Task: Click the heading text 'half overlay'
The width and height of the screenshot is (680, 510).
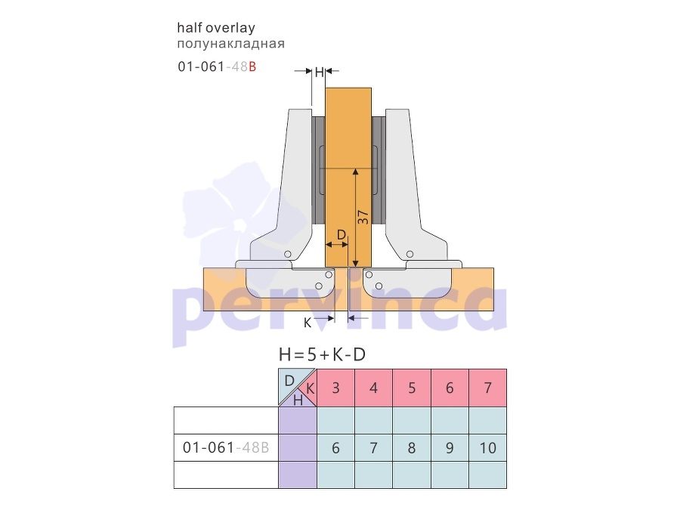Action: coord(216,28)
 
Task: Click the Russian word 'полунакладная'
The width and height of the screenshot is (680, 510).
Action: coord(230,44)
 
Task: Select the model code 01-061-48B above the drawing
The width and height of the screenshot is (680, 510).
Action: coord(217,66)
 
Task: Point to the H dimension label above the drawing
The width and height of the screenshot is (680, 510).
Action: coord(319,72)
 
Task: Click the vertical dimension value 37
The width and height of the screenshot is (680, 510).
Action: coord(363,218)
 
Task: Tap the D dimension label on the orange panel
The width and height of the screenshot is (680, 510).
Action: coord(342,235)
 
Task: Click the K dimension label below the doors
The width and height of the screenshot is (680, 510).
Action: coord(307,323)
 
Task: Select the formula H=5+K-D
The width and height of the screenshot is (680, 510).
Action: coord(322,355)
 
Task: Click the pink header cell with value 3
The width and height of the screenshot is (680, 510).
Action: coord(335,388)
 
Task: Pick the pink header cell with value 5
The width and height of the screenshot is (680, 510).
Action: coord(412,388)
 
